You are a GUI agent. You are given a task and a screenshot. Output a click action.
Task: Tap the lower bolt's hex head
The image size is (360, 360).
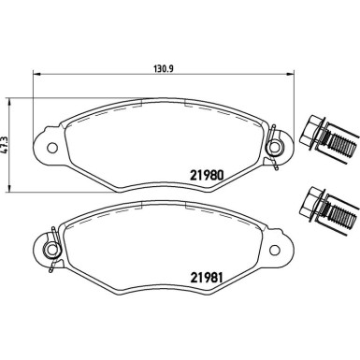(x=310, y=200)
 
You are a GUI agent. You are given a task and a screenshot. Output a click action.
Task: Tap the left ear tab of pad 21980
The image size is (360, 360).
(x=43, y=147)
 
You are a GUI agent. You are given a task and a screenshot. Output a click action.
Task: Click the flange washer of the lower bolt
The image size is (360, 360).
(x=321, y=209)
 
